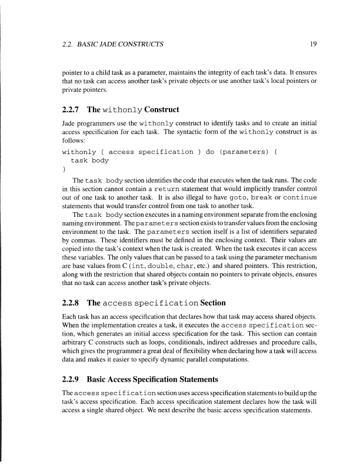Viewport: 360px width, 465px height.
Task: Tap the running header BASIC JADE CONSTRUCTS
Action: click(x=121, y=44)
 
